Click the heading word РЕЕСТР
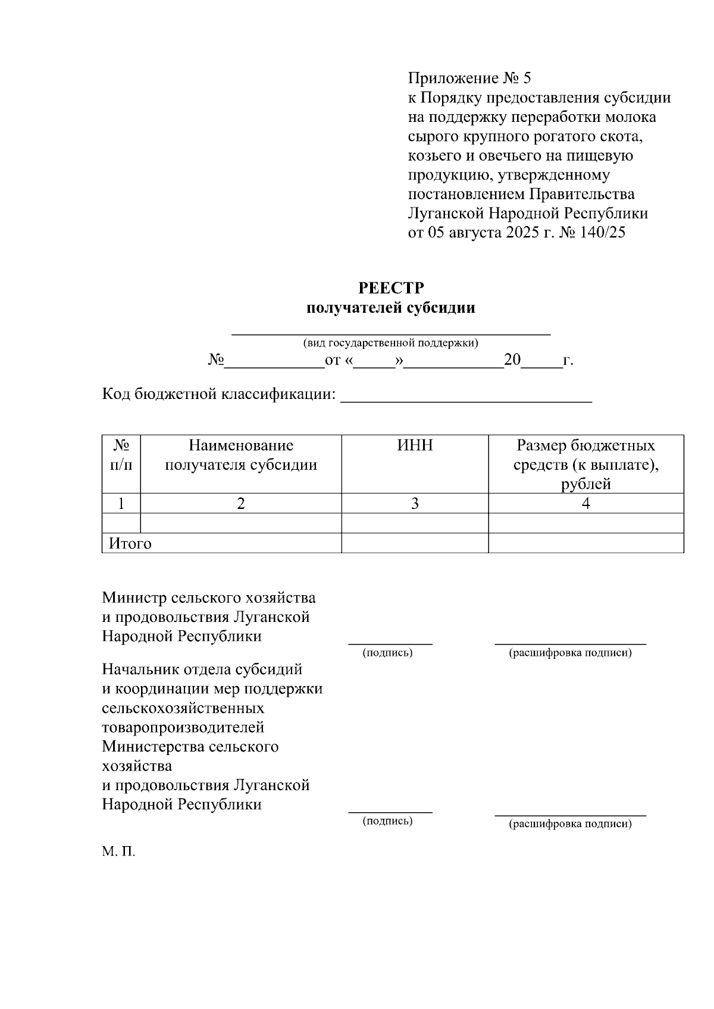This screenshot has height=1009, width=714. (x=391, y=288)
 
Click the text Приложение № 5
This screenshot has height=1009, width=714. (x=469, y=78)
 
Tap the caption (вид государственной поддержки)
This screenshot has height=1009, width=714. (x=391, y=343)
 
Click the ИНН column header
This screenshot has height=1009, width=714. (x=415, y=446)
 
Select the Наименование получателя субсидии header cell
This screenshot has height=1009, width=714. (x=241, y=455)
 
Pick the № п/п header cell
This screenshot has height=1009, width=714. (x=121, y=455)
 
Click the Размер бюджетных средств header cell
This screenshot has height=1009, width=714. (x=585, y=464)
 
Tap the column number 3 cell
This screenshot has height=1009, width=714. (x=415, y=504)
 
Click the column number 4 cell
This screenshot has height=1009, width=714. (x=585, y=504)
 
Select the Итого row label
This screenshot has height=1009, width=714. (x=130, y=543)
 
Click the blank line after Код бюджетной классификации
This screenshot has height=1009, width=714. (x=465, y=397)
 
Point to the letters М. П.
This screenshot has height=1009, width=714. (x=118, y=852)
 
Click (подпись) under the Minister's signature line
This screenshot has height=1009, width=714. (x=387, y=653)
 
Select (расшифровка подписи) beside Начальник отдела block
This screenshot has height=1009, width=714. (x=570, y=823)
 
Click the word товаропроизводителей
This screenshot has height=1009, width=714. (x=183, y=727)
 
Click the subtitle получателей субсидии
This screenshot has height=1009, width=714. (x=391, y=308)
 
